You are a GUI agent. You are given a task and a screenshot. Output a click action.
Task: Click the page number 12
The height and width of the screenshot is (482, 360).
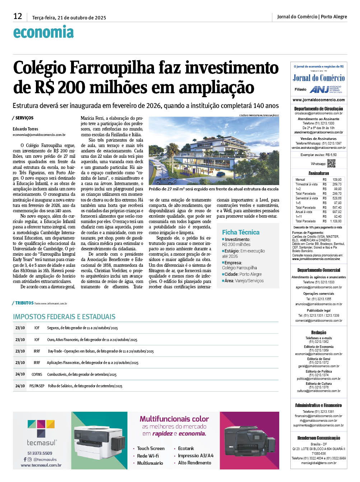coord(18,16)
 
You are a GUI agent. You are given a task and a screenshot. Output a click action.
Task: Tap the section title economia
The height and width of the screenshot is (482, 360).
coord(43,32)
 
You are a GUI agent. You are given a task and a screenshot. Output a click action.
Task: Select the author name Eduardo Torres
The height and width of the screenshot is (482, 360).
coord(25,129)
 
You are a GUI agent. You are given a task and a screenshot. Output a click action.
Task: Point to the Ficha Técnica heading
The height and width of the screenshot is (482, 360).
coord(240,232)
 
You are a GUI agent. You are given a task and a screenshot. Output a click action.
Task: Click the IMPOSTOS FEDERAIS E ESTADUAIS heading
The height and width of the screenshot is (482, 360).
coord(64,317)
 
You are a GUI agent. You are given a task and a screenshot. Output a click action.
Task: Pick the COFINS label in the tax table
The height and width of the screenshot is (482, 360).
coord(37,374)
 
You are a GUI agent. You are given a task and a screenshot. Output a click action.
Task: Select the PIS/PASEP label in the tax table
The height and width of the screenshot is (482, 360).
coord(37,386)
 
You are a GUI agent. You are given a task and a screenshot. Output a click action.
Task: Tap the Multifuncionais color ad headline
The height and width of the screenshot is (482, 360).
coord(174,419)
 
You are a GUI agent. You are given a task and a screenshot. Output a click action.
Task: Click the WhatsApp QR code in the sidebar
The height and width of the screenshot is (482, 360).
coord(331,163)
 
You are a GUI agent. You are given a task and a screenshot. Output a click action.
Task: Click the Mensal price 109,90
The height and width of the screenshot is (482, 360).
coord(337,179)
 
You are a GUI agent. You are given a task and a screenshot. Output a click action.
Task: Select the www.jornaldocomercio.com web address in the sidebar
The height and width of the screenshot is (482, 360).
coord(318,100)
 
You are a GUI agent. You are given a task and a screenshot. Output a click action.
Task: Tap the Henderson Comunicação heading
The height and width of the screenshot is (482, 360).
coord(318,438)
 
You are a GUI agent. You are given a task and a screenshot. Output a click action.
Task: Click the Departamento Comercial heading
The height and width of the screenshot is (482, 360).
coord(318,270)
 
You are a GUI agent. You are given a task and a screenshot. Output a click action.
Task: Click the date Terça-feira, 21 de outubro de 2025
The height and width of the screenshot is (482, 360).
coord(69,18)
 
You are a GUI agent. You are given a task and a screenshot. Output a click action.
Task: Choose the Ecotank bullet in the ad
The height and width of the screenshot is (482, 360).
coord(186,448)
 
